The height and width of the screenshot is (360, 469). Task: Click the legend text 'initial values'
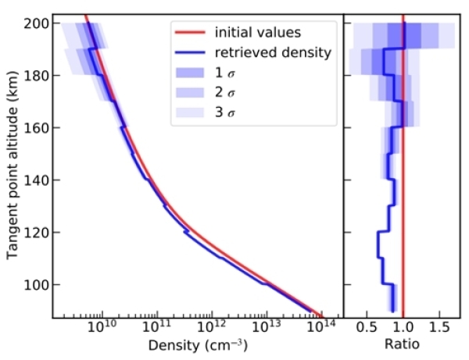click(x=252, y=33)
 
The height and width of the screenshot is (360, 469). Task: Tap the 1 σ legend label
click(x=224, y=73)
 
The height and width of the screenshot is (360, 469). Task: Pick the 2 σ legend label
click(x=224, y=94)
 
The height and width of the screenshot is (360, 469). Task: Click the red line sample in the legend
click(x=188, y=33)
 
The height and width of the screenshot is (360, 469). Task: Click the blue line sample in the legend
click(x=188, y=53)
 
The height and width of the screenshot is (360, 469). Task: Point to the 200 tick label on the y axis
click(x=39, y=23)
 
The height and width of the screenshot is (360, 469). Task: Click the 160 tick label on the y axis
click(x=39, y=127)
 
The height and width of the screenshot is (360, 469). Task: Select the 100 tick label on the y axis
click(x=39, y=284)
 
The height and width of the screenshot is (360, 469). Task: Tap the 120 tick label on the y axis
click(x=39, y=232)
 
